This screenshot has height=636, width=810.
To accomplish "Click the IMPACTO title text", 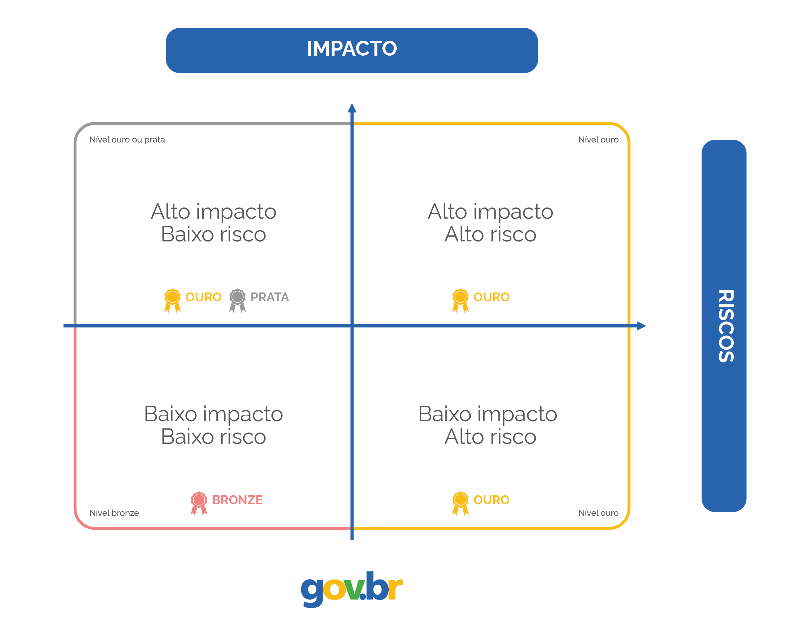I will pos(352,49).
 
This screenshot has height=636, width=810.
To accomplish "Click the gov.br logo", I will pos(352,589).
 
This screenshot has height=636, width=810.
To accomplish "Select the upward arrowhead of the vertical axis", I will pos(352,108).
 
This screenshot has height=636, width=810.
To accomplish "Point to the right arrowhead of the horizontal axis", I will pos(641,326).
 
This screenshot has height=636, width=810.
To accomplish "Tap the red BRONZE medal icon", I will pos(199,503).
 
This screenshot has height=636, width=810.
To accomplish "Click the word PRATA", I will pos(270,297).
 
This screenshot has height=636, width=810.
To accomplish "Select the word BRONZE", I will pos(238,500).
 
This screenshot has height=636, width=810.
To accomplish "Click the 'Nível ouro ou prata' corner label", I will pos(127,140).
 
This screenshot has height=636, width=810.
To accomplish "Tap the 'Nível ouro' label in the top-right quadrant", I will pos(598,140).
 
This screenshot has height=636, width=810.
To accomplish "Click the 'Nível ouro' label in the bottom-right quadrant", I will pos(598,513).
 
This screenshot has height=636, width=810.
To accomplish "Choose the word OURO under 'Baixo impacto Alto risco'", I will pos(491,500).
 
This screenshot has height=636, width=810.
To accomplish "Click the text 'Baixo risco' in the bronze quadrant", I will pos(213,437).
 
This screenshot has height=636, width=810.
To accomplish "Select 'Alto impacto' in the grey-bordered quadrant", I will pos(213,212).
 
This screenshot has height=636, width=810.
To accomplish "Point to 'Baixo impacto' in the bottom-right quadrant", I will pos(488,414).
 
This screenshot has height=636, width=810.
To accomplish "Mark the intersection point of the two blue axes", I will pos(352,326).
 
